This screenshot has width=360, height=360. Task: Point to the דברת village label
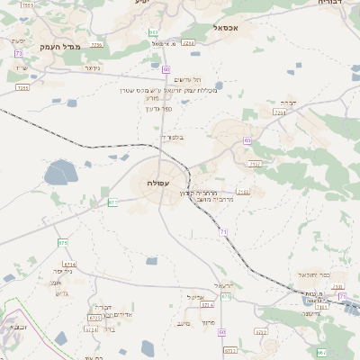[288, 102]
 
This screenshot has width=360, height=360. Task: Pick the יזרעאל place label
[225, 285]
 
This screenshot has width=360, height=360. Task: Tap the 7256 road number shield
[96, 43]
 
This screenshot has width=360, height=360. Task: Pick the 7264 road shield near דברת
[279, 113]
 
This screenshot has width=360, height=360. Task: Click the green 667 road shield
[321, 352]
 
